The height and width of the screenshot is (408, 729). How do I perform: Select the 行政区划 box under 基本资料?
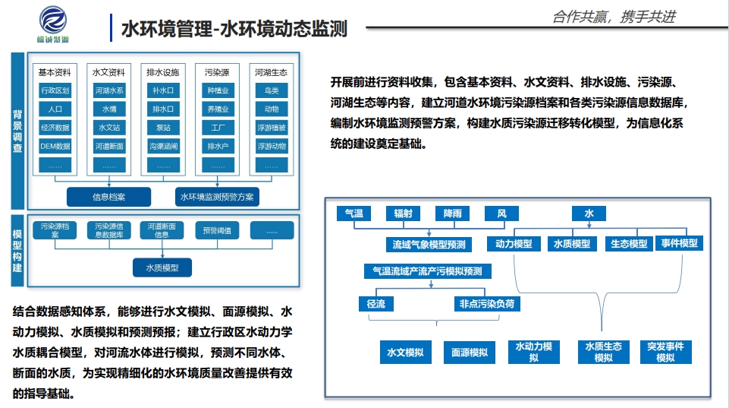pos(55,90)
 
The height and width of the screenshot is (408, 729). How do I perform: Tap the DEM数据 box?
pos(55,146)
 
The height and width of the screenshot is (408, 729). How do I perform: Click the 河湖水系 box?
pos(109,90)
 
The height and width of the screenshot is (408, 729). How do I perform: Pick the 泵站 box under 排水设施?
pos(163,128)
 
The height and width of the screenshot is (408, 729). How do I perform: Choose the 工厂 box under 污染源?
pos(218,128)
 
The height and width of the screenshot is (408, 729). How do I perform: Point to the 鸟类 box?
pos(272,90)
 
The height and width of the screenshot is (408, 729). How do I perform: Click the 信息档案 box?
pos(109,197)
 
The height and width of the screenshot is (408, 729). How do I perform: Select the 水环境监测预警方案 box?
pos(217,197)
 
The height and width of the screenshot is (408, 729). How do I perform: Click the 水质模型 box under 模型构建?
pos(162,267)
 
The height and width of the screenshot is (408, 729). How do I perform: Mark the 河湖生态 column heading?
pos(272,72)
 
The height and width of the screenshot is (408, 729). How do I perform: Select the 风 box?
pos(501,214)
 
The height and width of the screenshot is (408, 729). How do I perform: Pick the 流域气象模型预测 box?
pos(429,245)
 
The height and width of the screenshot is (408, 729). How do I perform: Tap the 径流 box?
pos(376,304)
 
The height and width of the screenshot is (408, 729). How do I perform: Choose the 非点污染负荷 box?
pos(489,304)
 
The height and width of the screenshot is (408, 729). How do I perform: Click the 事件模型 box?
pos(679,243)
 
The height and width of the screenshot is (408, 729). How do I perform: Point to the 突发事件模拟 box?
pos(665,352)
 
